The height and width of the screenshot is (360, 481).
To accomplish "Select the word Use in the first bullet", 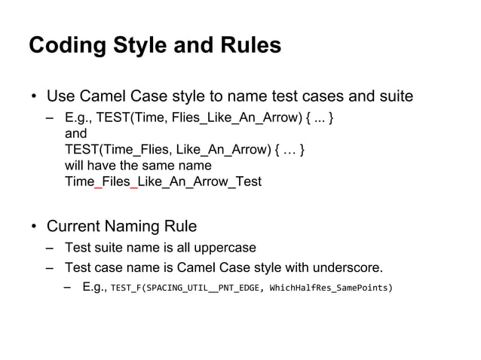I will (x=60, y=96).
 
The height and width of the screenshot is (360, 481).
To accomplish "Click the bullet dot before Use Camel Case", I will (x=34, y=97).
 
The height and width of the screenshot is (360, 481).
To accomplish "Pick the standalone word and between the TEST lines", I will (x=76, y=134).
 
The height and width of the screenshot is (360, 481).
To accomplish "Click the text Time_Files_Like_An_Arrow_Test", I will (x=163, y=182).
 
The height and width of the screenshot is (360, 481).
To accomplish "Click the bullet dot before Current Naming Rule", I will (x=34, y=227).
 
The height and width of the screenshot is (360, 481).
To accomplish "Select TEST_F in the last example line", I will (x=124, y=288).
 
